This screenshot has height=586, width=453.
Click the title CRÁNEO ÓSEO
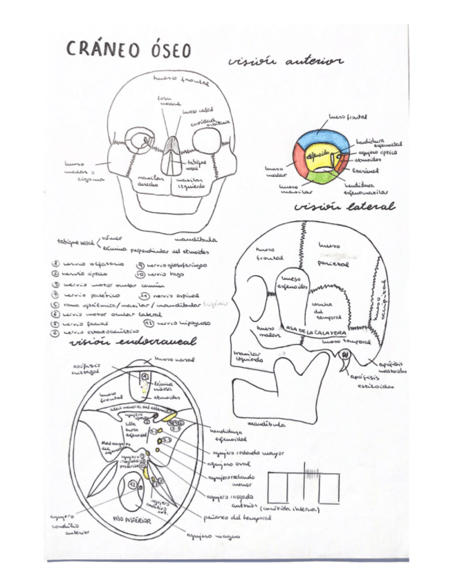[x=129, y=49]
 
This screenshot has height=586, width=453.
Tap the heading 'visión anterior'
[x=285, y=62]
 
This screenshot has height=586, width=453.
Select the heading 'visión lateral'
[x=344, y=207]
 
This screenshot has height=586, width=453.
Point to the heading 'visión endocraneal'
[x=133, y=341]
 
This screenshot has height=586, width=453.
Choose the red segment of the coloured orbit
[x=302, y=164]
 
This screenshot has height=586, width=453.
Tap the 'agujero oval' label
[x=224, y=465]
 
